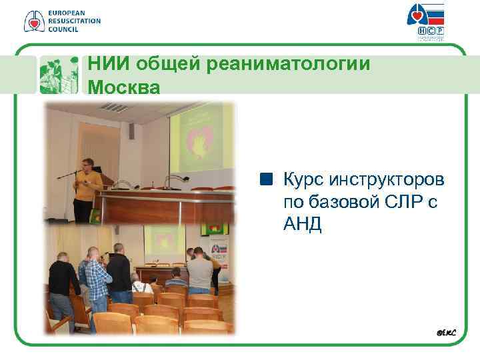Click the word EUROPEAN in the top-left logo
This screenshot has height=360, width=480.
coord(67,13)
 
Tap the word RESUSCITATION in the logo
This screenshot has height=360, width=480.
coord(74,21)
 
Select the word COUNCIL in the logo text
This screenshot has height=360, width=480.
coord(63,29)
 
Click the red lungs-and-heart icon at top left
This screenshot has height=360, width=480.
coord(33,21)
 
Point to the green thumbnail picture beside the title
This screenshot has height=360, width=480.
coord(59,75)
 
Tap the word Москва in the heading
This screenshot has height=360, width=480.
coord(124,87)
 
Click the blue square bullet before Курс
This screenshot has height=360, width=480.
coord(267,179)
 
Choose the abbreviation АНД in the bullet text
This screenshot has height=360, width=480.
coord(302,225)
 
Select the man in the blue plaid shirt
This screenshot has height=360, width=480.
coord(97,280)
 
